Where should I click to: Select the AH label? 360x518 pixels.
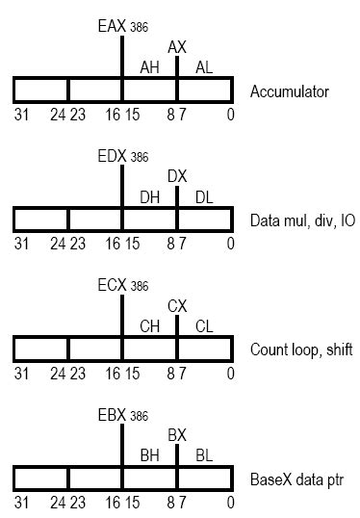(150, 66)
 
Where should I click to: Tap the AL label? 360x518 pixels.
(204, 66)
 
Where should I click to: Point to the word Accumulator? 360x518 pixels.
(289, 92)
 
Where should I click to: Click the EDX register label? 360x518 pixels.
(112, 154)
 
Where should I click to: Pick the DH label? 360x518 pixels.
(150, 196)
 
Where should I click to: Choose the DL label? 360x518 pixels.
(204, 196)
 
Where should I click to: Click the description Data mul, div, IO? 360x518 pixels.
(302, 222)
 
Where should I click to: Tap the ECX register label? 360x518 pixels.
(112, 285)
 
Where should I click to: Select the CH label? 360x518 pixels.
(150, 326)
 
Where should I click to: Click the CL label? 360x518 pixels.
(204, 326)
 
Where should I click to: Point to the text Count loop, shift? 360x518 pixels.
(301, 352)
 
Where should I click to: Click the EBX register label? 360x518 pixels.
(112, 415)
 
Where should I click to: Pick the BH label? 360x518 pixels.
(150, 456)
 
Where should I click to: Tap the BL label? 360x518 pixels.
(204, 456)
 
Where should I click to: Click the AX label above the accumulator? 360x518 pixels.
(177, 46)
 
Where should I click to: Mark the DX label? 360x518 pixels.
(177, 176)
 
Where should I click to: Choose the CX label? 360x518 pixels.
(177, 306)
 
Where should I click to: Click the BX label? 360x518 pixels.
(177, 436)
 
